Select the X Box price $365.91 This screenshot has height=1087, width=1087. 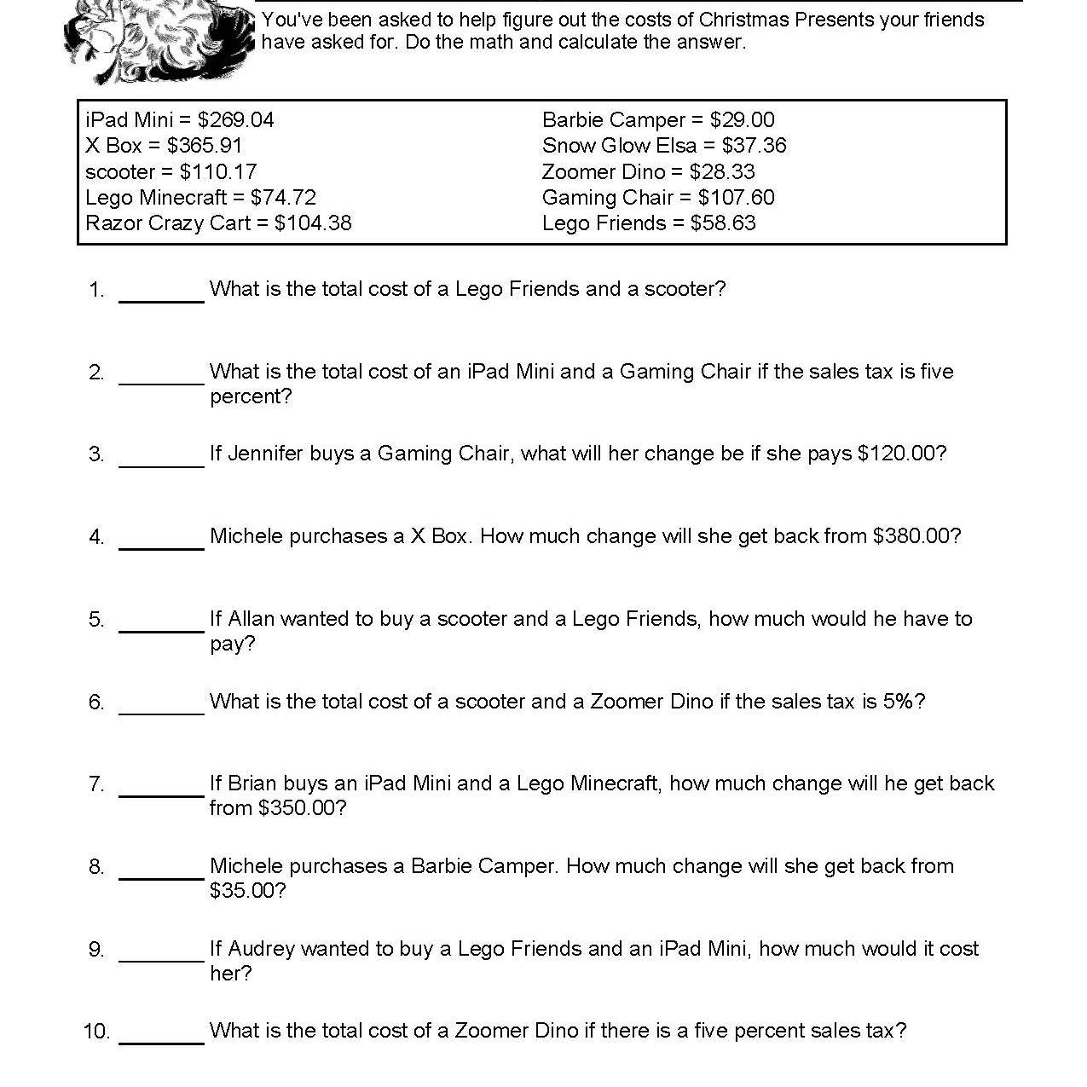point(205,146)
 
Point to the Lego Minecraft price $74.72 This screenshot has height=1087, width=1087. point(283,198)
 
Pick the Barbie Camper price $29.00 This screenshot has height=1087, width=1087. point(742,120)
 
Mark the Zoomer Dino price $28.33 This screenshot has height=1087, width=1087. point(722,171)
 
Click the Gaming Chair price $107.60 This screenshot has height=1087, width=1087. point(736,198)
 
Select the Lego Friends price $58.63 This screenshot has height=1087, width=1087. point(723,223)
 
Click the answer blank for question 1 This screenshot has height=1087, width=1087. point(161,294)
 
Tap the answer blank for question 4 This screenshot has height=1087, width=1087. point(161,541)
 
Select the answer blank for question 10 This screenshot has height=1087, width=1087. point(161,1036)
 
